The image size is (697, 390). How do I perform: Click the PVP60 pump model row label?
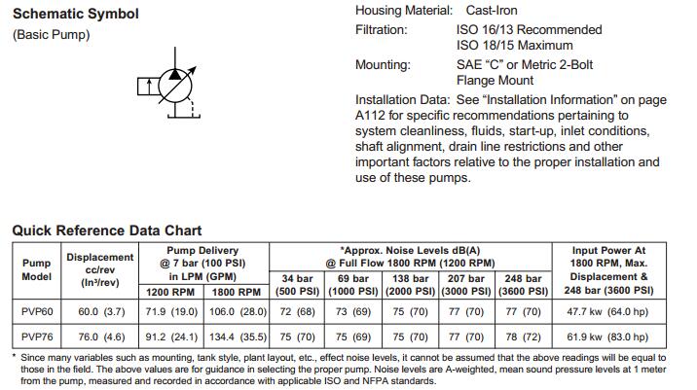(36, 312)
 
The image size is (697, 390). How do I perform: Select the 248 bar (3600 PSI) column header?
(523, 285)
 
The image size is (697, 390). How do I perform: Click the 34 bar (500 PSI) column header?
(296, 285)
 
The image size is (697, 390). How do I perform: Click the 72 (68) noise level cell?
(296, 312)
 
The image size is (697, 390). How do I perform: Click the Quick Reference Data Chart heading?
(107, 230)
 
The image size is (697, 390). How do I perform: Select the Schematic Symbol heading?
(75, 15)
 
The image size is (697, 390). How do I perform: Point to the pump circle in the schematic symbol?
(172, 89)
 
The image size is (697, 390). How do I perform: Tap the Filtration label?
(382, 29)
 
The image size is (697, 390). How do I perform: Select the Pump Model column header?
(36, 269)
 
